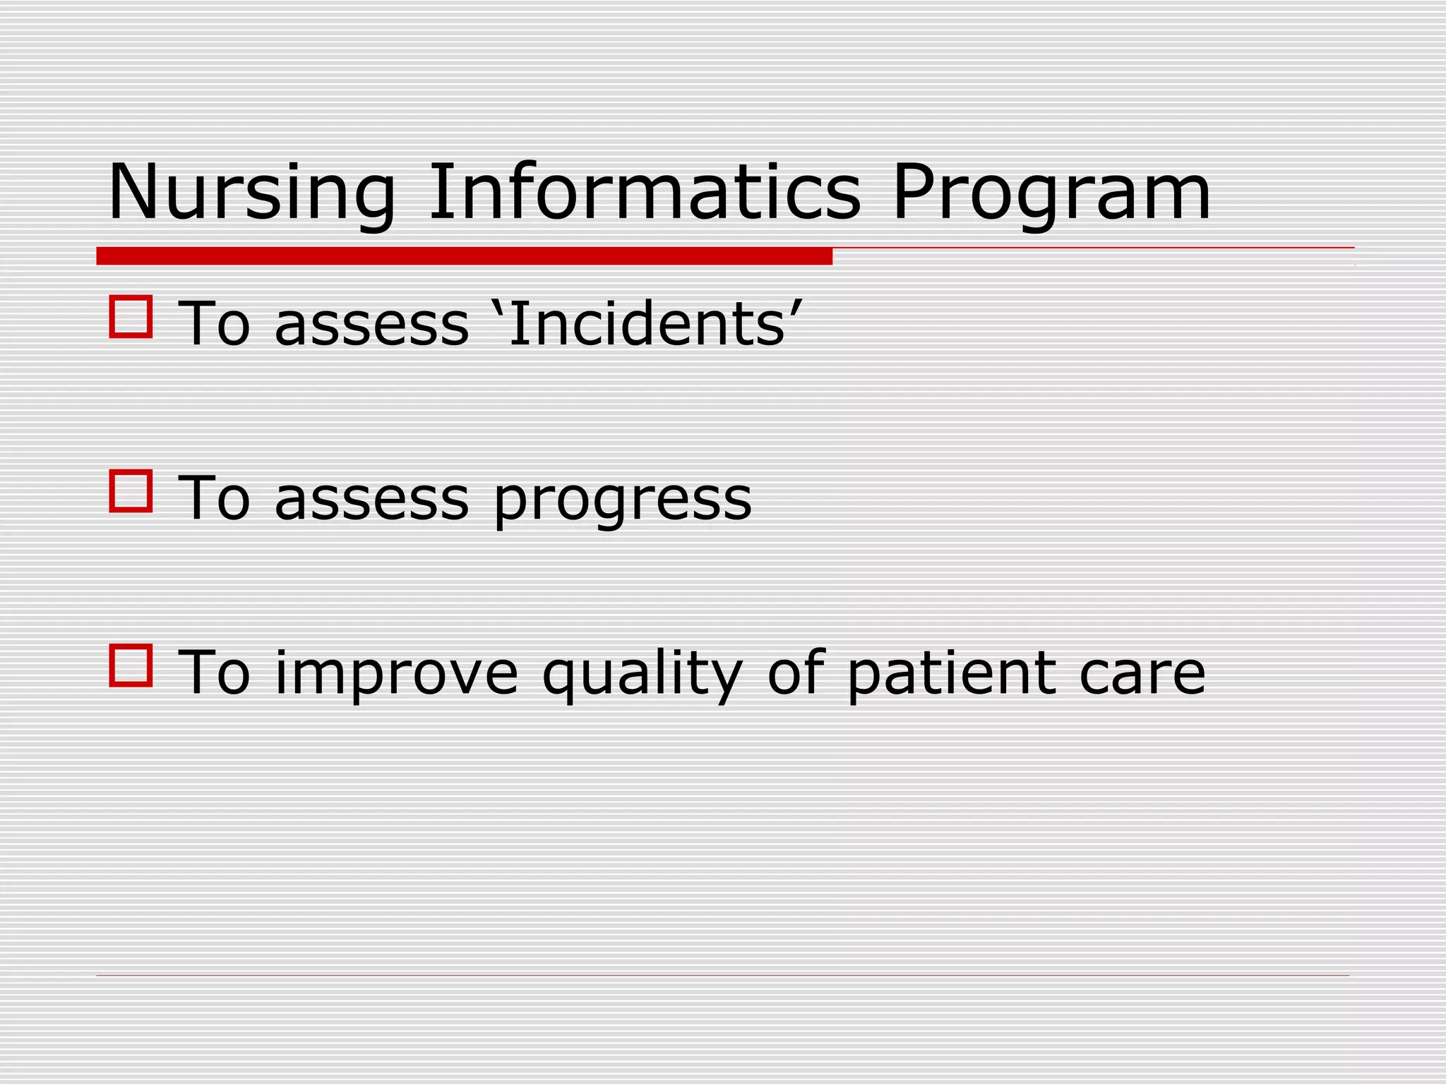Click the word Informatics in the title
click(x=644, y=191)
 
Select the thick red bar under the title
click(x=464, y=256)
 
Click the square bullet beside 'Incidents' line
click(x=131, y=317)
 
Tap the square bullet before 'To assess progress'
click(x=131, y=490)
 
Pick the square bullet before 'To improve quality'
click(x=131, y=665)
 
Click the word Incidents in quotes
click(x=645, y=324)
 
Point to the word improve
click(x=396, y=674)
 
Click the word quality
click(x=642, y=674)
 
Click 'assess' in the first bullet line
click(x=371, y=325)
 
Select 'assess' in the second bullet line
click(x=371, y=500)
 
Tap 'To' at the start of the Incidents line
click(x=214, y=324)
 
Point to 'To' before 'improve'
click(x=214, y=673)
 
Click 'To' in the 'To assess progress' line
click(x=214, y=498)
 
